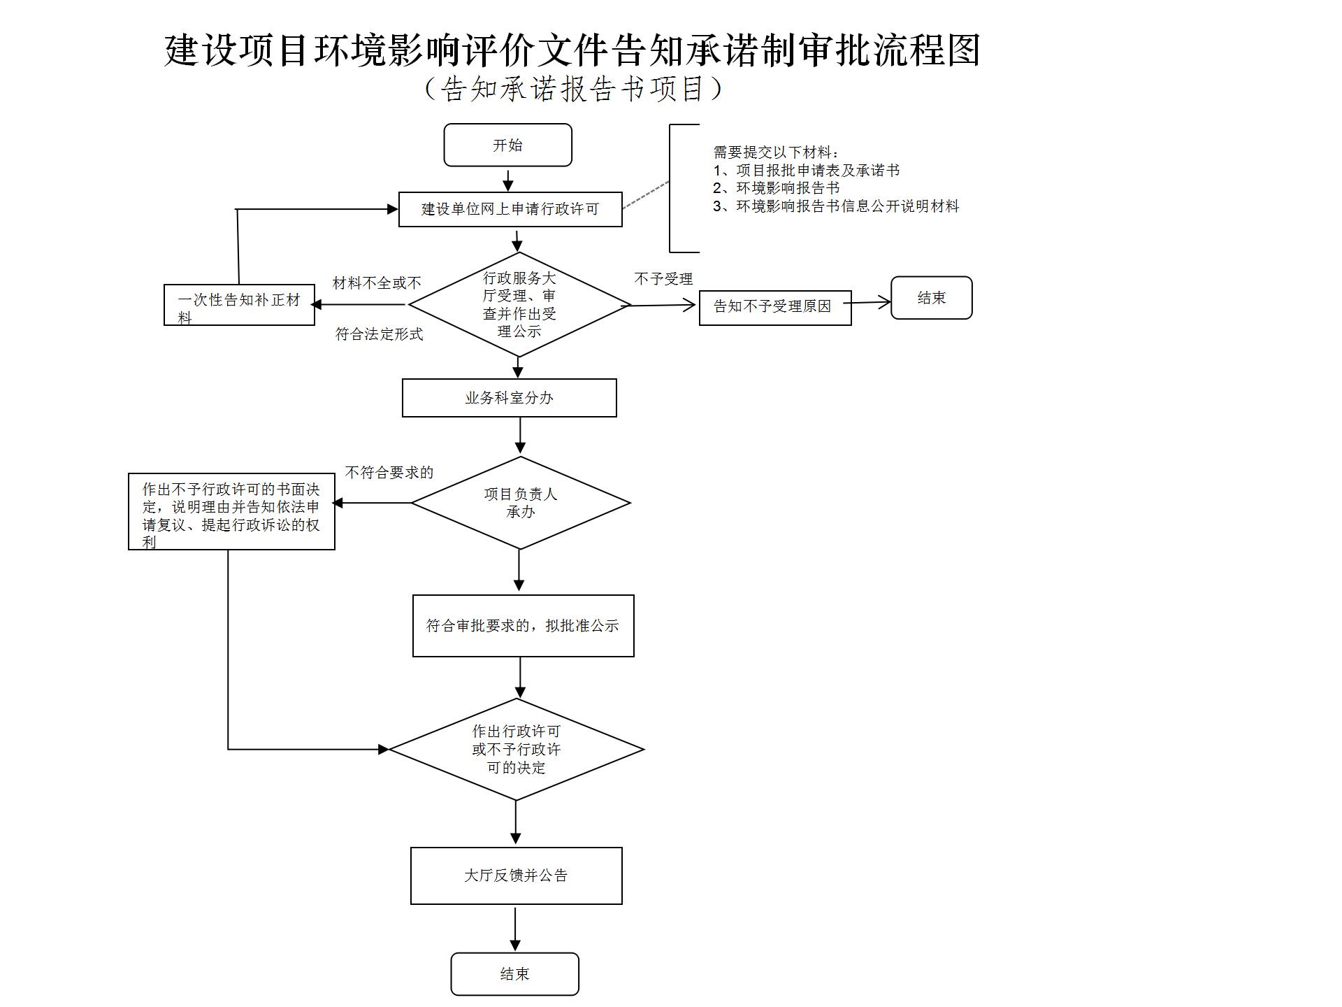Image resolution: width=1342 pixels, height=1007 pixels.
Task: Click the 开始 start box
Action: pos(507,145)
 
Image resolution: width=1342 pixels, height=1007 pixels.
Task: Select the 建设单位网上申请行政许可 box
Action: pos(510,209)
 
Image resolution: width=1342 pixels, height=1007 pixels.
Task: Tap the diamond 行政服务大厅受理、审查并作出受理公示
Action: pos(519,305)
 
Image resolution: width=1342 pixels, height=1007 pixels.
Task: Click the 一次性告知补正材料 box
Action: pos(239,305)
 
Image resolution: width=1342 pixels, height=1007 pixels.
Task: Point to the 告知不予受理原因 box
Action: pos(774,308)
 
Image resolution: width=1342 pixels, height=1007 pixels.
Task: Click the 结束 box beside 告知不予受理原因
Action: pos(931,298)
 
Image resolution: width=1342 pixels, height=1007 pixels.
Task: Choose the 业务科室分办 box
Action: pos(509,398)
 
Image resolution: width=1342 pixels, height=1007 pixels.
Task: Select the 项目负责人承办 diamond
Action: pos(520,503)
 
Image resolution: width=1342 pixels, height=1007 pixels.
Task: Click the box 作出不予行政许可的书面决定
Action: pos(231,511)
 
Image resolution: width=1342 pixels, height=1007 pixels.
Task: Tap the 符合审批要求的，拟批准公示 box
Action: pos(523,626)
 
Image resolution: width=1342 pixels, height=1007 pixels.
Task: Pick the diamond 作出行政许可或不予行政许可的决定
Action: pos(516,749)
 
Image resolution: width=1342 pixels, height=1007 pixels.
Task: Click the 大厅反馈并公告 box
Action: pos(516,876)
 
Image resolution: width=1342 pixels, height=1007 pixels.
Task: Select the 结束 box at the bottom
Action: pos(514,973)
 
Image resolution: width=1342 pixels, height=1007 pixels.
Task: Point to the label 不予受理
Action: pos(663,279)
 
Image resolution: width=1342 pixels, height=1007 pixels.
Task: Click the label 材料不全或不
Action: pos(377,283)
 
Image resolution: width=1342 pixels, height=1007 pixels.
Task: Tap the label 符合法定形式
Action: pos(379,334)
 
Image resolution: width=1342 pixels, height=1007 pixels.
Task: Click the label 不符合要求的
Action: pos(389,473)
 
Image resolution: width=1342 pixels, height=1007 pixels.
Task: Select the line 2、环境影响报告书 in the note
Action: pos(776,188)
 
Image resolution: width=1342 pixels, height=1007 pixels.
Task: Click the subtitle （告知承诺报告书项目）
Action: pos(573,89)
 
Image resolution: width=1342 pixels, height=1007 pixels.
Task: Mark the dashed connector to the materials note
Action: pos(645,195)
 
